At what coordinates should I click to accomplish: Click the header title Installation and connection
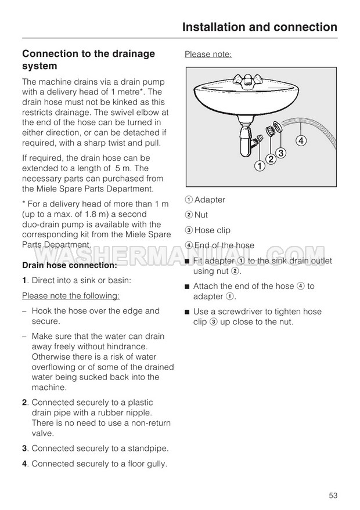tap(259, 27)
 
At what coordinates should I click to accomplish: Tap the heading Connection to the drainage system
tap(88, 60)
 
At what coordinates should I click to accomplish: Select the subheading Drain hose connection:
tap(70, 265)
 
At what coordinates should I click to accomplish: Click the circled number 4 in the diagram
tap(301, 140)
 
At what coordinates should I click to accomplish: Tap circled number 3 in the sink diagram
tap(280, 153)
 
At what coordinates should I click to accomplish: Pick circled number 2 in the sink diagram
tap(270, 160)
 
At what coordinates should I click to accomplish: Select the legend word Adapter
tap(210, 200)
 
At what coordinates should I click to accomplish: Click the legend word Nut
tap(201, 215)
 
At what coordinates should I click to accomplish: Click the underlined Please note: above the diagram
tap(208, 55)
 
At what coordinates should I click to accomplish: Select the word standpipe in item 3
tap(147, 448)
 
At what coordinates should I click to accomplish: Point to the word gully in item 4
tap(156, 464)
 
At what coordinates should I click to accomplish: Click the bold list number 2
tap(25, 403)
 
